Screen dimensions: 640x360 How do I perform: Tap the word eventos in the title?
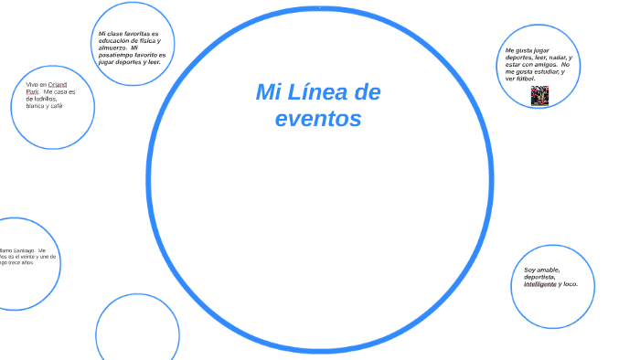[x=318, y=119]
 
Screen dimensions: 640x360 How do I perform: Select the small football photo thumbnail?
[x=539, y=95]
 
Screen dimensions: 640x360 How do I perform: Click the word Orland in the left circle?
[x=58, y=85]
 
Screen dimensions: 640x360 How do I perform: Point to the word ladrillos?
[x=43, y=99]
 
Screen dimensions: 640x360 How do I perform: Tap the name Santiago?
[x=24, y=249]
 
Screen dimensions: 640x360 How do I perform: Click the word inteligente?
[x=540, y=284]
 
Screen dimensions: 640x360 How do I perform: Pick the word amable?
[x=548, y=270]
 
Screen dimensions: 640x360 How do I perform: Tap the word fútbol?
[x=525, y=79]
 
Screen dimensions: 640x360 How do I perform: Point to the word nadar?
[x=556, y=57]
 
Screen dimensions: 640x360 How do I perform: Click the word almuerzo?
[x=114, y=48]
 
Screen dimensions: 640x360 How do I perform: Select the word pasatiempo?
[x=114, y=55]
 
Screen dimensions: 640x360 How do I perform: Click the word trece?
[x=15, y=263]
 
